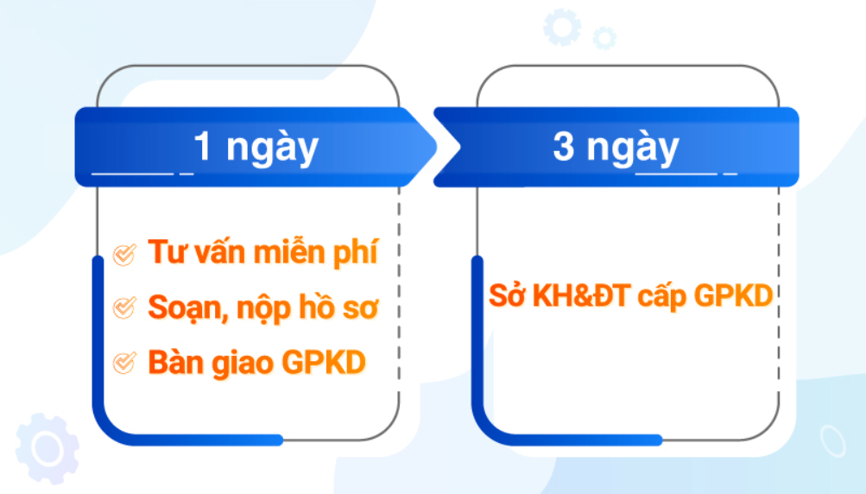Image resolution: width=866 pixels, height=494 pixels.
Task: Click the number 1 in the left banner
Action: click(203, 147)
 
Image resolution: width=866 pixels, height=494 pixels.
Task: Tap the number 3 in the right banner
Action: click(563, 147)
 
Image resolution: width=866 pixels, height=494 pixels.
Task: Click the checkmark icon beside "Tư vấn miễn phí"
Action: click(124, 255)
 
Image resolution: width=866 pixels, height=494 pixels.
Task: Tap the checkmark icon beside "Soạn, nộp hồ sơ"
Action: click(124, 307)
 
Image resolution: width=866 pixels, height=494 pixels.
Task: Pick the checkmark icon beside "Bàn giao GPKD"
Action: click(124, 363)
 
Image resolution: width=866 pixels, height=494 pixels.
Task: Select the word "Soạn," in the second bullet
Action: click(188, 308)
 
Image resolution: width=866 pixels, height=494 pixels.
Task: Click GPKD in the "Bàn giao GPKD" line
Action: click(324, 363)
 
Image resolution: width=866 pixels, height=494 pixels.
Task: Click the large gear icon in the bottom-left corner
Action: click(47, 448)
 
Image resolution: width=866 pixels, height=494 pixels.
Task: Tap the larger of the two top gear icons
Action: click(562, 27)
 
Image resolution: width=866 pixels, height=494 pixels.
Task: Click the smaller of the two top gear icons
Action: click(604, 38)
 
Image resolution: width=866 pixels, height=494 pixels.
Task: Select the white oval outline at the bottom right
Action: click(833, 441)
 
